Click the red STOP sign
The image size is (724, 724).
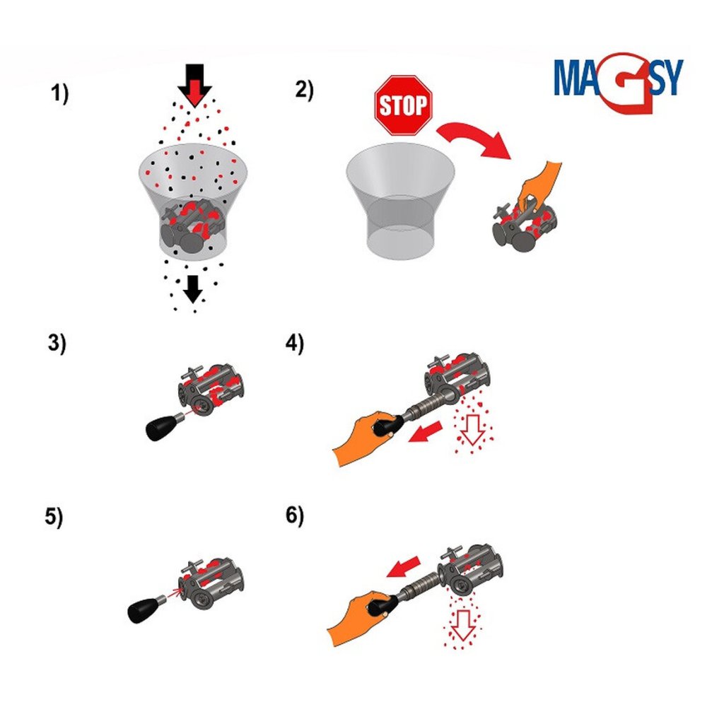pyautogui.click(x=403, y=105)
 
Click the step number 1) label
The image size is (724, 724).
pyautogui.click(x=59, y=94)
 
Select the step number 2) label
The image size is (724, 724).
pyautogui.click(x=304, y=90)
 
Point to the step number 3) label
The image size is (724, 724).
pyautogui.click(x=57, y=344)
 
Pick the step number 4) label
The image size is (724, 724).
pyautogui.click(x=295, y=344)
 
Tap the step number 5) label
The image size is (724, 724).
pyautogui.click(x=54, y=516)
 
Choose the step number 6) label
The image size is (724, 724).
pyautogui.click(x=295, y=515)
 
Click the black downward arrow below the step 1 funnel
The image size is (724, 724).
pyautogui.click(x=193, y=289)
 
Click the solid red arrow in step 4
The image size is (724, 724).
pyautogui.click(x=426, y=432)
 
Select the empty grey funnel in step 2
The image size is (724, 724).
pyautogui.click(x=400, y=202)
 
